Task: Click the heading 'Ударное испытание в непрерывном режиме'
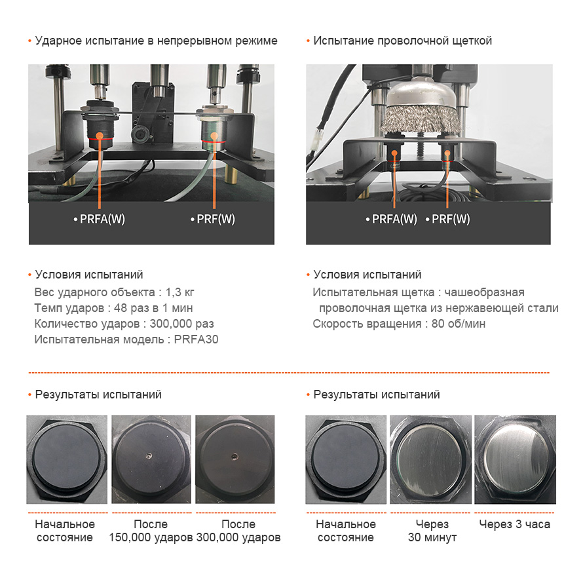coord(156,41)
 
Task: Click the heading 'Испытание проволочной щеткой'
coord(402,41)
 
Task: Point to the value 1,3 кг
coord(179,292)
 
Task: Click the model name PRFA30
coord(196,339)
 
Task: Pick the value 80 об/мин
coord(459,324)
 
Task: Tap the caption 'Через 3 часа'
coord(515,524)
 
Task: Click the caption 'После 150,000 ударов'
coord(151,531)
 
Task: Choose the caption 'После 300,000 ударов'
coord(238,531)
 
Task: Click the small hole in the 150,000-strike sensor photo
coord(149,455)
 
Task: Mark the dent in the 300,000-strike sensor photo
coord(235,456)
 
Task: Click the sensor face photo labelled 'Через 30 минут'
coord(430,460)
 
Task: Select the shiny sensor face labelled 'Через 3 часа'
coord(516,460)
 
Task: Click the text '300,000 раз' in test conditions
coord(182,324)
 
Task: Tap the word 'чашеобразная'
coord(485,292)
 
